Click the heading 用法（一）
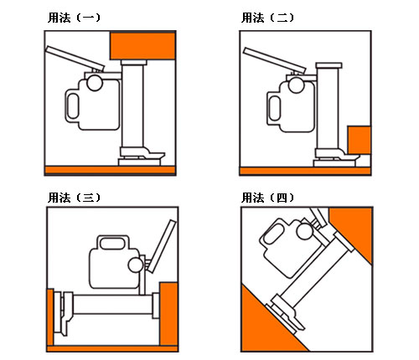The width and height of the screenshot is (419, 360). click(x=74, y=18)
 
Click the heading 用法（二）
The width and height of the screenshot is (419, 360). click(x=267, y=18)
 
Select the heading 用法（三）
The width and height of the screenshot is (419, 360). click(x=74, y=198)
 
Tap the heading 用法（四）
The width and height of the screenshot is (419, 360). click(x=267, y=198)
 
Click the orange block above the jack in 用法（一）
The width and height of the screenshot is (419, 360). click(x=142, y=46)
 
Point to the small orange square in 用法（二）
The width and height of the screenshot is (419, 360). click(x=360, y=140)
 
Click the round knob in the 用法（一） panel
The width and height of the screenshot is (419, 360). click(x=95, y=83)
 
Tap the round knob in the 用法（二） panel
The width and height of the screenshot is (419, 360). click(x=296, y=85)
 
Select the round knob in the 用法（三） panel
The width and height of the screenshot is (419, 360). click(x=136, y=265)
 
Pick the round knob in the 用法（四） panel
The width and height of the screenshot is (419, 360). click(x=304, y=231)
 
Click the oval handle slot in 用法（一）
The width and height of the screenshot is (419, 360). click(x=73, y=106)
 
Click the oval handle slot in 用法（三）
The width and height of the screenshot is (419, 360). click(x=112, y=244)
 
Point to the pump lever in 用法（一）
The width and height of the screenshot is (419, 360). click(x=75, y=59)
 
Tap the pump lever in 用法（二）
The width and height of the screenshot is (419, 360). click(x=274, y=60)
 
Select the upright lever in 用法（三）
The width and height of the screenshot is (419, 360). click(x=162, y=246)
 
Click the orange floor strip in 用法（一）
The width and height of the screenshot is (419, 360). click(x=110, y=170)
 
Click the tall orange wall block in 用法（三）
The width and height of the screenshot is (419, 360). click(x=168, y=314)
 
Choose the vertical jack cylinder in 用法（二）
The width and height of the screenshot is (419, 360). click(x=328, y=109)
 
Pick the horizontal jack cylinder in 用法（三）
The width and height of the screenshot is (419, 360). click(x=113, y=304)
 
